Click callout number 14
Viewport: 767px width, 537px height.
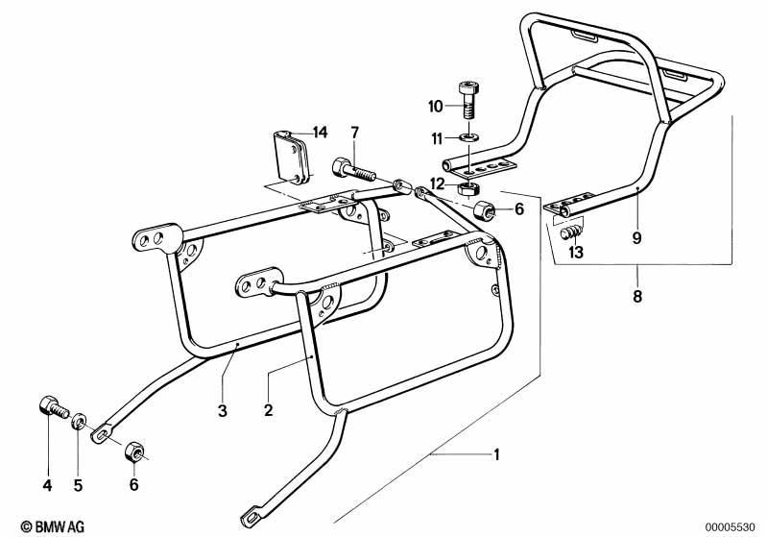click(320, 133)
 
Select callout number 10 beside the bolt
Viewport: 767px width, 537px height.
click(436, 107)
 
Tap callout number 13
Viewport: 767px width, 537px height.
click(576, 253)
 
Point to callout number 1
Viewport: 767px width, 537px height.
click(496, 454)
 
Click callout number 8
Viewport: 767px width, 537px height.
click(636, 296)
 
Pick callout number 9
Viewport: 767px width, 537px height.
click(636, 238)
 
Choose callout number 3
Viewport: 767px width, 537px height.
click(223, 411)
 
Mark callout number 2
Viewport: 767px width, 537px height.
click(268, 410)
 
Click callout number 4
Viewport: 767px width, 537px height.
click(47, 485)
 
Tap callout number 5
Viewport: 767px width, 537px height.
click(79, 485)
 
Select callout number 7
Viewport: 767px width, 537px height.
click(354, 133)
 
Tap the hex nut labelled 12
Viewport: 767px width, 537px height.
click(469, 188)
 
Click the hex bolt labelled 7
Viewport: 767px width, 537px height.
click(353, 171)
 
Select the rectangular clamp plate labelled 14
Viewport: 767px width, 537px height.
click(292, 158)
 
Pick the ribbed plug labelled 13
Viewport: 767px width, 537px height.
click(572, 232)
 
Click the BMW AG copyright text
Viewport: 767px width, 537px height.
click(53, 526)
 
